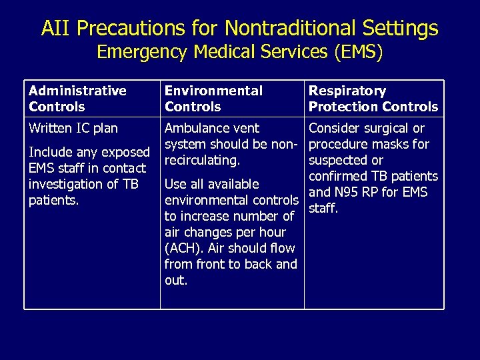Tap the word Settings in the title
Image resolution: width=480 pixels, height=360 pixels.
tap(399, 28)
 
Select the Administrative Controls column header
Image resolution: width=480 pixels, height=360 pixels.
tap(77, 99)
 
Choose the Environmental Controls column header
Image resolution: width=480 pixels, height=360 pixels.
tap(213, 99)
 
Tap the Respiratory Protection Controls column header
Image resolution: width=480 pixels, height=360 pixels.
tap(373, 99)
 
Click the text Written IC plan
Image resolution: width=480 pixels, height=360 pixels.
tap(73, 128)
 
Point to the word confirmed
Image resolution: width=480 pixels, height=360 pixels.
tap(339, 177)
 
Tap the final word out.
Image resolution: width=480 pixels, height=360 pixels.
tap(176, 281)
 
